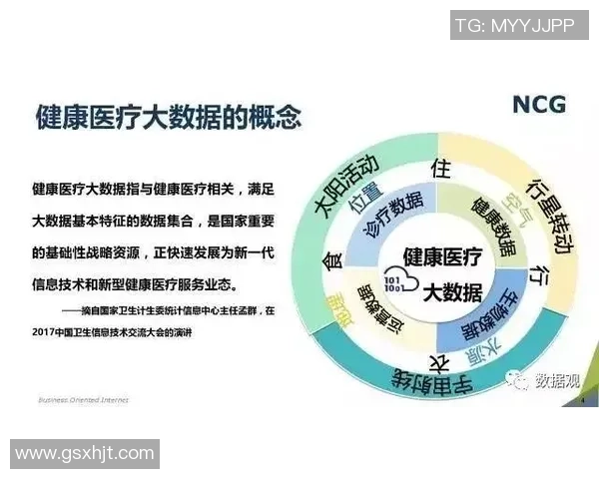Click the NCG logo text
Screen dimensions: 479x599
tap(539, 104)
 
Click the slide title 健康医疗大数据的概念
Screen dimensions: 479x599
tap(168, 117)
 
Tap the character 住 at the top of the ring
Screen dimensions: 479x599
tap(436, 167)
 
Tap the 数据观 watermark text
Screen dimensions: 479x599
tap(554, 380)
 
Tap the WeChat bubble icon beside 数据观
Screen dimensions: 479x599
tap(519, 380)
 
